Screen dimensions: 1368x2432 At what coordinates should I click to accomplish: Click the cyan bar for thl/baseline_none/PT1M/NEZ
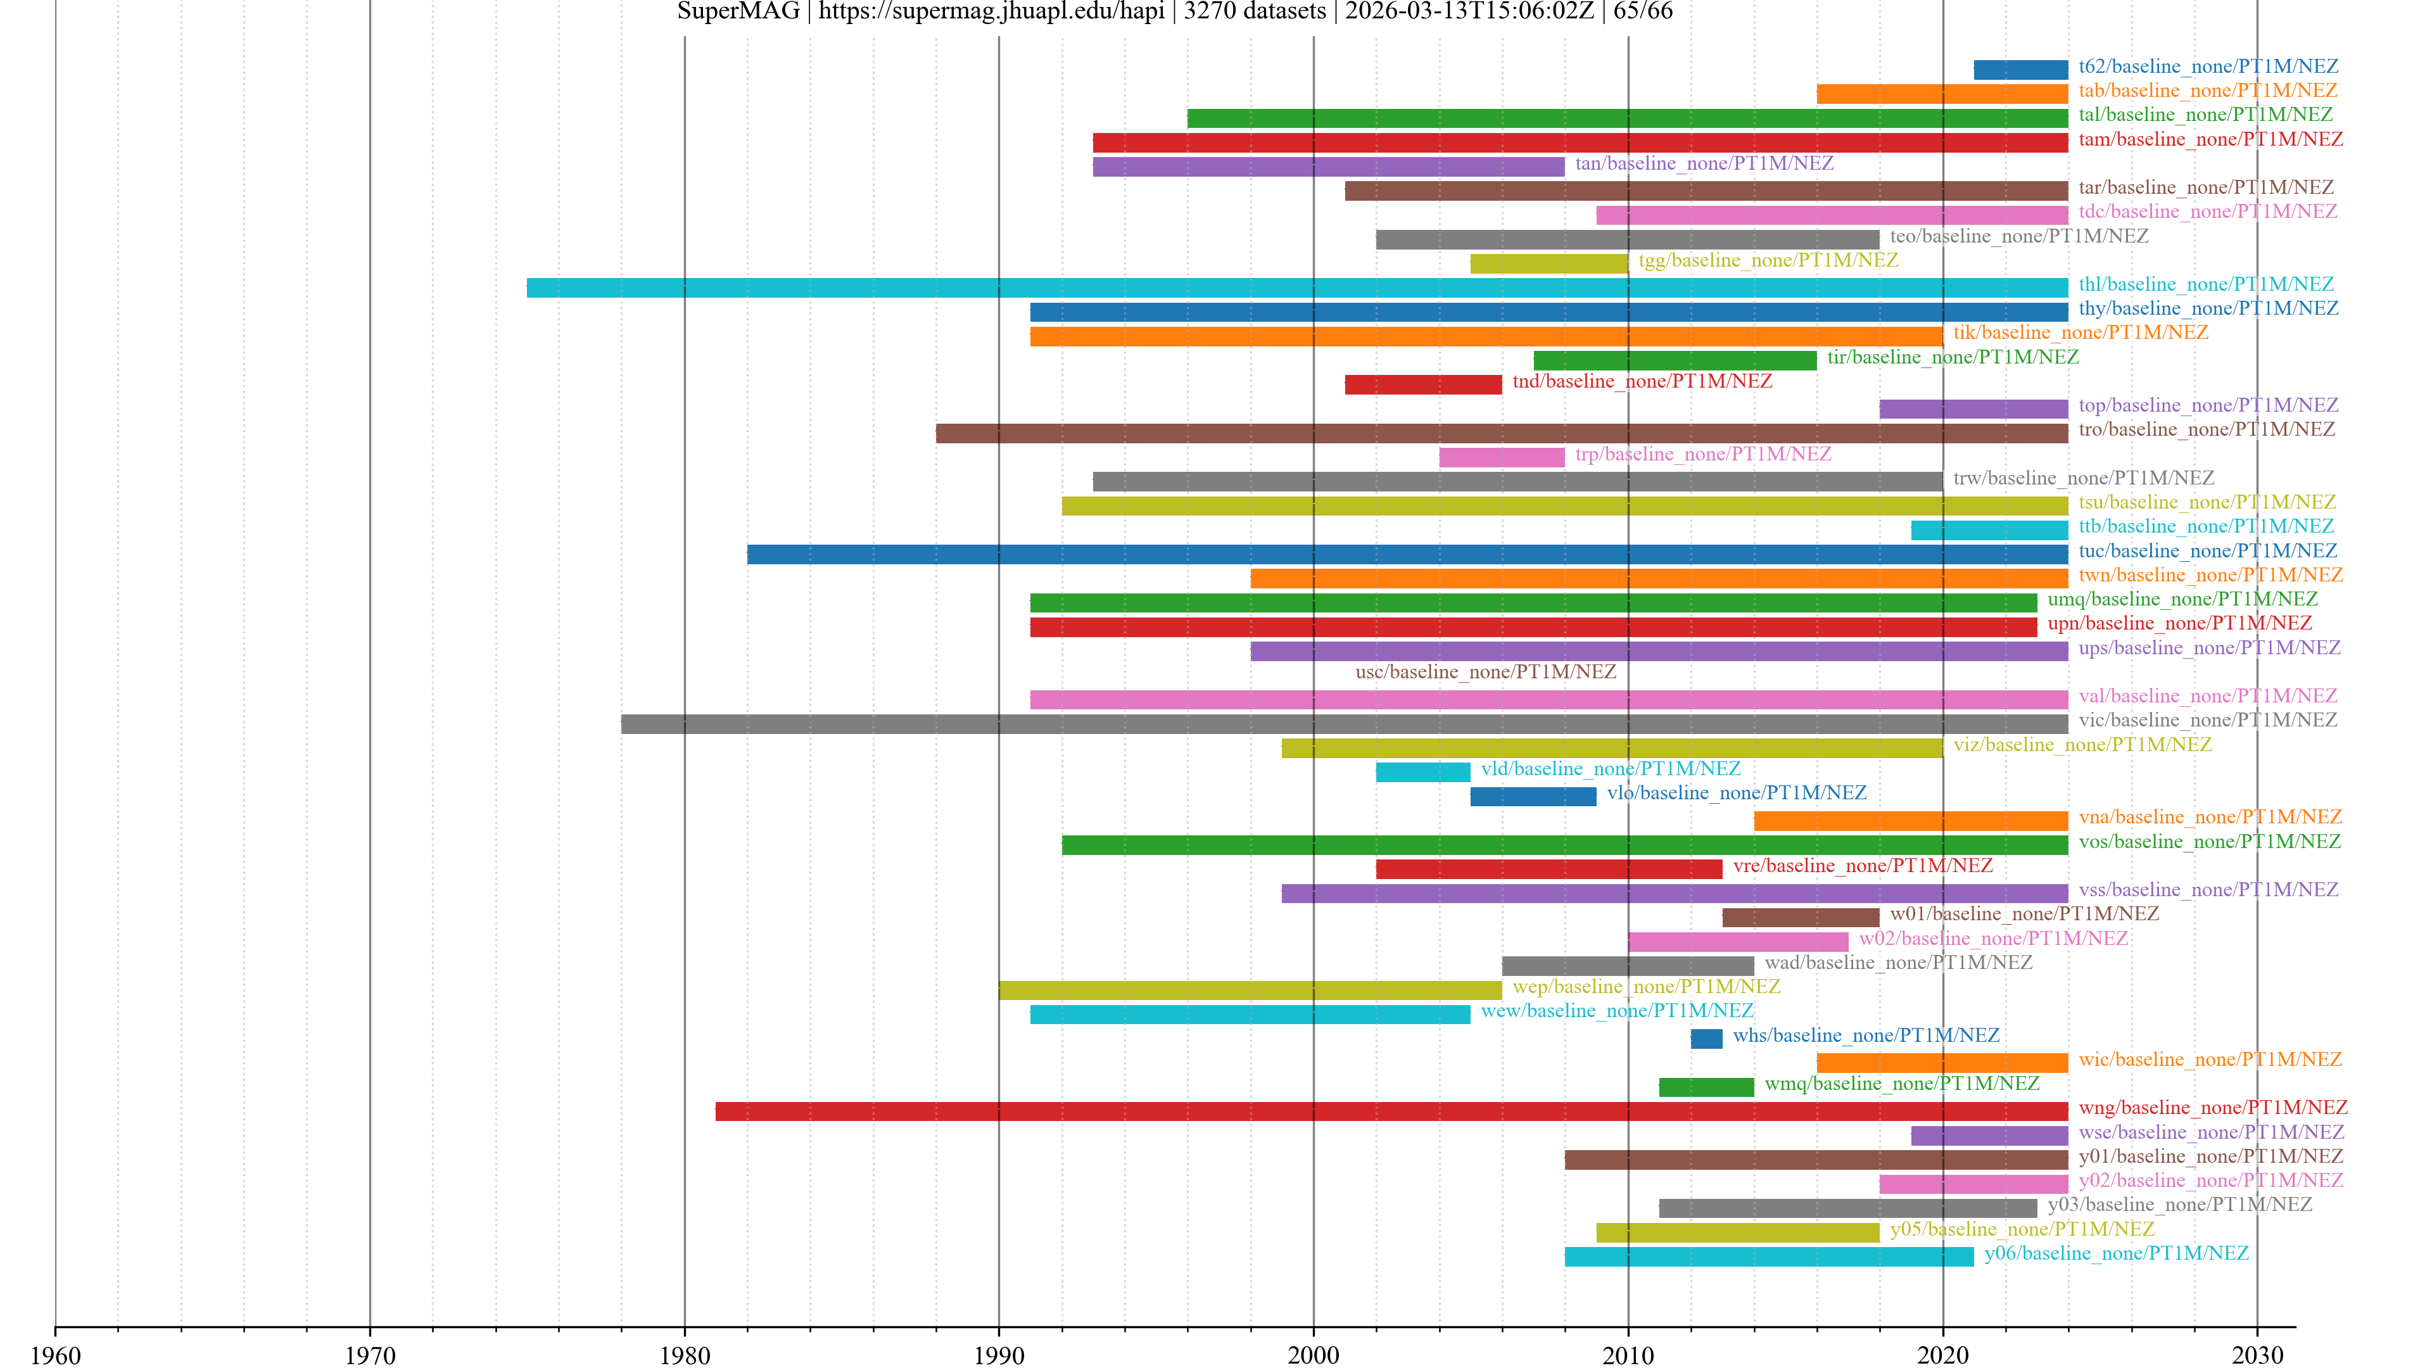[x=1296, y=288]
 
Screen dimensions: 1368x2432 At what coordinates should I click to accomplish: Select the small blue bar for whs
[x=1706, y=1039]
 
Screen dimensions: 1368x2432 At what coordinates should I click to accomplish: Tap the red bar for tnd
[x=1422, y=384]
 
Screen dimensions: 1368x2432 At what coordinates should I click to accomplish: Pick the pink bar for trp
[x=1501, y=457]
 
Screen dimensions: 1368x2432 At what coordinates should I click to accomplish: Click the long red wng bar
[x=1391, y=1111]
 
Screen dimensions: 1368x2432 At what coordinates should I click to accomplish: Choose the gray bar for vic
[x=1343, y=724]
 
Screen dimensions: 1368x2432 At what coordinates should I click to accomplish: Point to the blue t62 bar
[x=2020, y=70]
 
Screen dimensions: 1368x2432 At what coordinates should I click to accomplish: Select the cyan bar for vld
[x=1422, y=772]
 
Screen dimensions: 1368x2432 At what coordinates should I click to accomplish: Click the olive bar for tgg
[x=1548, y=263]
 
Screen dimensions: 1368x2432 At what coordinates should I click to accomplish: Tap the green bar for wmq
[x=1706, y=1087]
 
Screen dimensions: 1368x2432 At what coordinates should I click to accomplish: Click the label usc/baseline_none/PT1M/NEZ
[x=1485, y=672]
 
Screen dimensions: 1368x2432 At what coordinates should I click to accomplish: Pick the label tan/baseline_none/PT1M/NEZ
[x=1704, y=163]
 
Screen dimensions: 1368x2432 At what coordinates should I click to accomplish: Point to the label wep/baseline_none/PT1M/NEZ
[x=1645, y=987]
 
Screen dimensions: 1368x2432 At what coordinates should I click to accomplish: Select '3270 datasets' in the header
[x=1254, y=11]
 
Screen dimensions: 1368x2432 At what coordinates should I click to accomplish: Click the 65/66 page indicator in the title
[x=1643, y=11]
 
